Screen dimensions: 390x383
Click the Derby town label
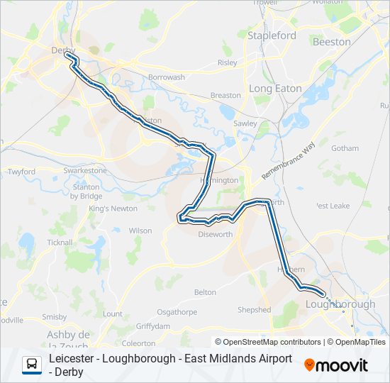pyautogui.click(x=62, y=50)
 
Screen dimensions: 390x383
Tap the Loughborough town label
pyautogui.click(x=340, y=304)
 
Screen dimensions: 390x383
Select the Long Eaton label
pyautogui.click(x=275, y=89)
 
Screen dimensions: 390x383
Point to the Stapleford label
pyautogui.click(x=272, y=35)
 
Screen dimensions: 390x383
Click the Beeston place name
pyautogui.click(x=331, y=42)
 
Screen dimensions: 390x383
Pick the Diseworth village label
pyautogui.click(x=215, y=234)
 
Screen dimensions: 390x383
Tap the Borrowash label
pyautogui.click(x=166, y=77)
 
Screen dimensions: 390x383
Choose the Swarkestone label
pyautogui.click(x=84, y=171)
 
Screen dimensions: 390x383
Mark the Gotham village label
pyautogui.click(x=345, y=148)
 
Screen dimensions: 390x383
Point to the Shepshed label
pyautogui.click(x=254, y=310)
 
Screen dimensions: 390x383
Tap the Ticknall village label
pyautogui.click(x=59, y=242)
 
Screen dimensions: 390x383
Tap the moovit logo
pyautogui.click(x=336, y=365)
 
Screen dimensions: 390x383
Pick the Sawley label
pyautogui.click(x=245, y=123)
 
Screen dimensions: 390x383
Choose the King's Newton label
pyautogui.click(x=113, y=209)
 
